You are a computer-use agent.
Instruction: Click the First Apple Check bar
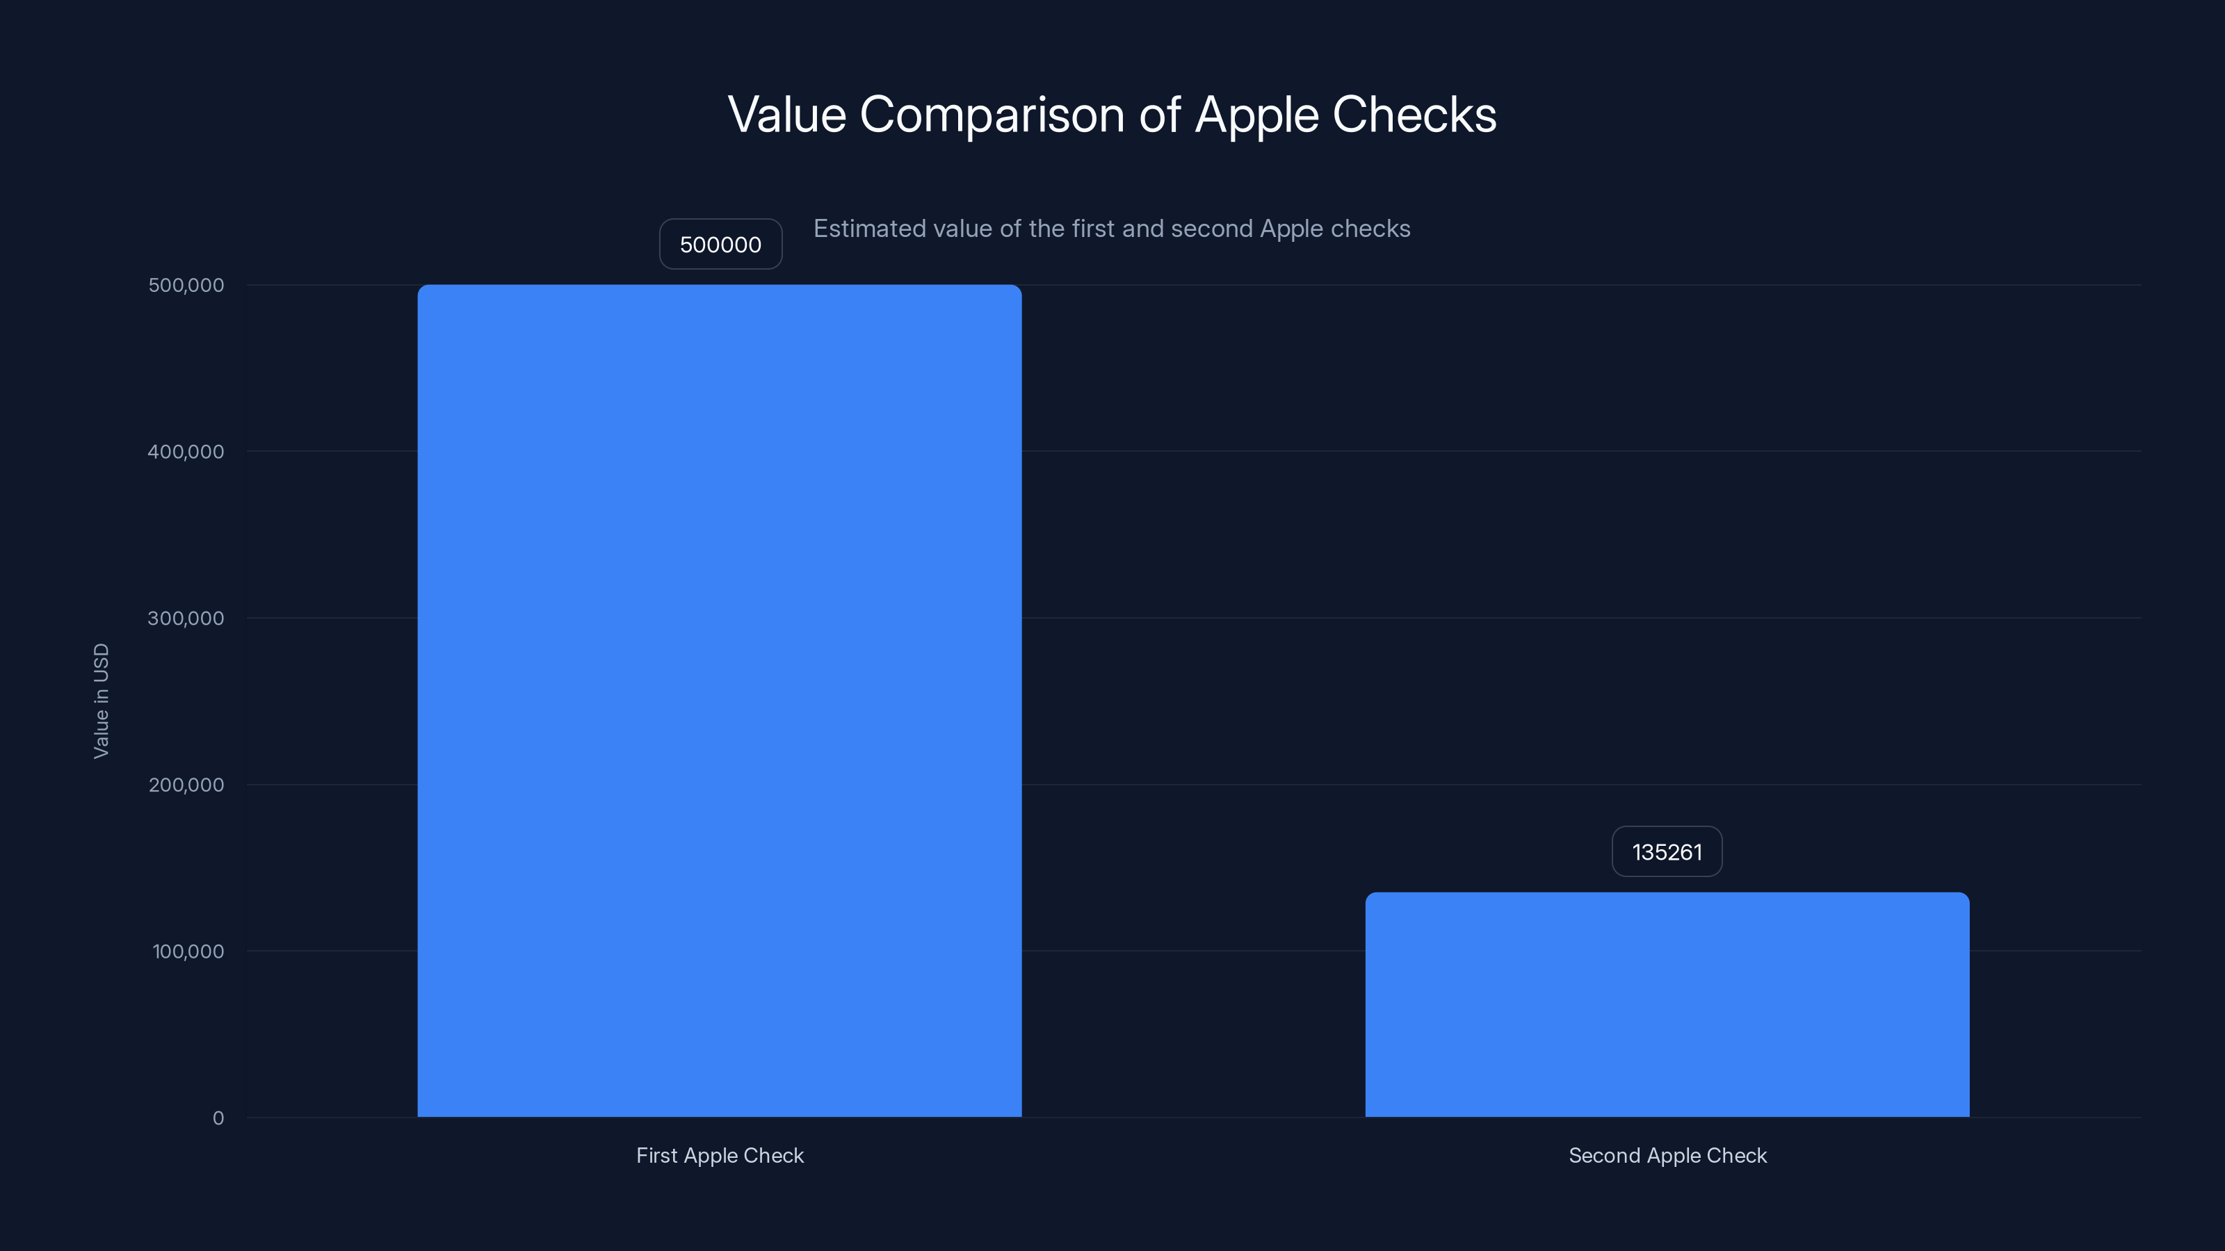(720, 700)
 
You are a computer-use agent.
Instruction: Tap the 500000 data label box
(720, 245)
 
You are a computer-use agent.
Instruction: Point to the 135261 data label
(1666, 852)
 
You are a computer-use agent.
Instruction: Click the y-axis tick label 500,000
(186, 285)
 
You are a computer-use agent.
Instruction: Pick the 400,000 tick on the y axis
(186, 452)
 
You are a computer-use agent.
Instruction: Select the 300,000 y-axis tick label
(186, 618)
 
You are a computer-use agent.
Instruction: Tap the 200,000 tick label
(186, 785)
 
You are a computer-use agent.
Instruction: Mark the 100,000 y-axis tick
(188, 951)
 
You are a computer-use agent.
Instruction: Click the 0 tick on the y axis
(218, 1118)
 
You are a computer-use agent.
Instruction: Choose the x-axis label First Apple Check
(720, 1155)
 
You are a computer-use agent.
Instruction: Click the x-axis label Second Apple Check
(1667, 1155)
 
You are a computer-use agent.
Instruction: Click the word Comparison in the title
(992, 115)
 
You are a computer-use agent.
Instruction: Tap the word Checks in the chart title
(1414, 115)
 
